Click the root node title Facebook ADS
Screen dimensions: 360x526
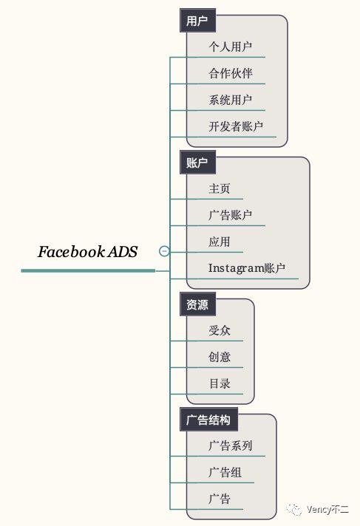[x=88, y=252]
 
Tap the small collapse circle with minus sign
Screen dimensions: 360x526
[x=164, y=250]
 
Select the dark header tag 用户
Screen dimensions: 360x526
[x=197, y=21]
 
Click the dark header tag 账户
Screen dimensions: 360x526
[x=197, y=163]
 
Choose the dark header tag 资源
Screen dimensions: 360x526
[x=197, y=304]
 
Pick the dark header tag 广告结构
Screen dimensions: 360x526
[x=208, y=420]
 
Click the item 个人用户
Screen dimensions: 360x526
[x=231, y=47]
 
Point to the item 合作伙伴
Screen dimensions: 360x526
[x=231, y=73]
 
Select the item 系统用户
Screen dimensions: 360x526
[x=231, y=100]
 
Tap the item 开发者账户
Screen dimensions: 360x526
[x=236, y=126]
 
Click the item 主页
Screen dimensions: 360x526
[x=220, y=188]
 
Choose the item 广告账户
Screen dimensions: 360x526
[x=231, y=215]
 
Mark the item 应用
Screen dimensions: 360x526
[x=220, y=242]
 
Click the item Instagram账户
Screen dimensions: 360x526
[x=247, y=268]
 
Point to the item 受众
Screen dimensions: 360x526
[x=220, y=330]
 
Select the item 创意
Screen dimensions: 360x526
[x=220, y=357]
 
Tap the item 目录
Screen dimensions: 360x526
[x=220, y=383]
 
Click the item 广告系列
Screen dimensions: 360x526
[x=231, y=445]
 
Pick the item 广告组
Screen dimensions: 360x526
[x=225, y=472]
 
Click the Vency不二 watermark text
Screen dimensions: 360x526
[x=327, y=510]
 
